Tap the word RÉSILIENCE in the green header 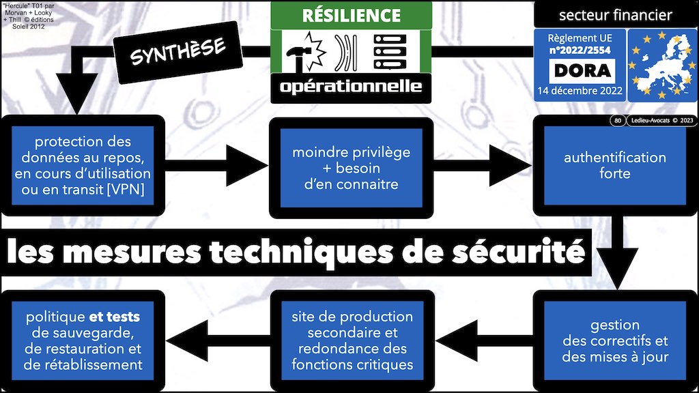[x=352, y=15]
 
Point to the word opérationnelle [x=352, y=87]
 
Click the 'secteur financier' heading [x=615, y=15]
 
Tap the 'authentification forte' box [x=614, y=166]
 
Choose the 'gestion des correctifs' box [x=614, y=340]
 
